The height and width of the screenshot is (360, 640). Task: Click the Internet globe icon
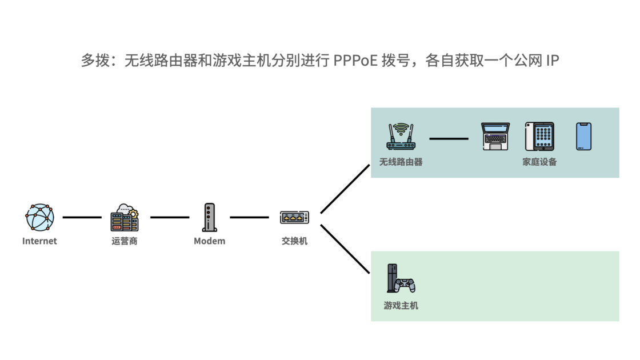coord(39,217)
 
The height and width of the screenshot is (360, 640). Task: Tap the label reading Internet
coord(39,241)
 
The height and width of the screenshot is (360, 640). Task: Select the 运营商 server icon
coord(125,217)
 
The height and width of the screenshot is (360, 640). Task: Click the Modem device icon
coord(209,217)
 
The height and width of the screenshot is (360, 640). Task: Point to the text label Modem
coord(209,241)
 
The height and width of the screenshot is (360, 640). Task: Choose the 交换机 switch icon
coord(294,217)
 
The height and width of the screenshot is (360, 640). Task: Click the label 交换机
coord(294,241)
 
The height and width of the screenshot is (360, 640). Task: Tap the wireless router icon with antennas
coord(401,137)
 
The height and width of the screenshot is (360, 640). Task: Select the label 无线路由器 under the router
coord(401,162)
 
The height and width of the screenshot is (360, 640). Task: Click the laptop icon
coord(495,137)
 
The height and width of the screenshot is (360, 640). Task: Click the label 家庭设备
coord(539,162)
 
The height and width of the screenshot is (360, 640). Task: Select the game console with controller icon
coord(401,278)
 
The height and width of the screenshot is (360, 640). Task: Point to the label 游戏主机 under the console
coord(401,306)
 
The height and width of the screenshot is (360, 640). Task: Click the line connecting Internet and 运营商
coord(82,217)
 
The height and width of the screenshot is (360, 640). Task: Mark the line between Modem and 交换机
coord(249,217)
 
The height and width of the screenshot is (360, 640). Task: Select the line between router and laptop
coord(449,138)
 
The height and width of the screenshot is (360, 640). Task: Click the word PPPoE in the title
coord(355,60)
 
